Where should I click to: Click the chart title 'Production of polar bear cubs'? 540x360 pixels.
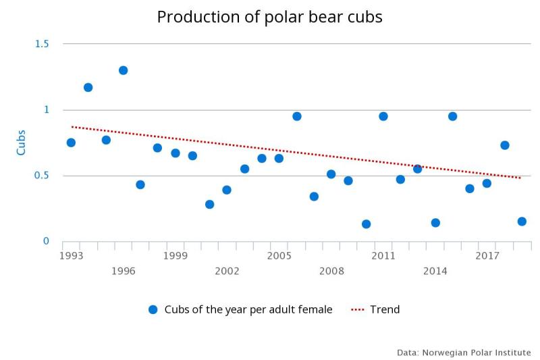269,17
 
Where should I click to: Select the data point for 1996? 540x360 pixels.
123,70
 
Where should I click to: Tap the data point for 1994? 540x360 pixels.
88,87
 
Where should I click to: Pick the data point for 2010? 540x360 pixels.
366,224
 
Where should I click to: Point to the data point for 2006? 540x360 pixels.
296,116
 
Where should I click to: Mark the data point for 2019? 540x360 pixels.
522,222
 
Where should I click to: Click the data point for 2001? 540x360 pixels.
209,204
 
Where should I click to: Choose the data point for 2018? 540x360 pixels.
504,145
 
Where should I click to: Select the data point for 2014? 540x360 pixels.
435,223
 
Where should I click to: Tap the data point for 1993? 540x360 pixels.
71,143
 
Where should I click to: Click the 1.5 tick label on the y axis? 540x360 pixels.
42,44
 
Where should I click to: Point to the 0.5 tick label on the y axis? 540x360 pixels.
42,176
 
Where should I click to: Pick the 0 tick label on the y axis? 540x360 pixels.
46,241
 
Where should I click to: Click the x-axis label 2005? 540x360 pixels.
279,256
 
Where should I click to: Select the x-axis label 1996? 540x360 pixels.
123,272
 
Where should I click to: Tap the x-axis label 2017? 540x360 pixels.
487,256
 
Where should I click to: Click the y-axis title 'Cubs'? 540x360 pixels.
21,143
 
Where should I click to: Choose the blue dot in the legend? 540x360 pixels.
153,309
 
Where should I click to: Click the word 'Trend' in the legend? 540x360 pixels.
385,309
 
